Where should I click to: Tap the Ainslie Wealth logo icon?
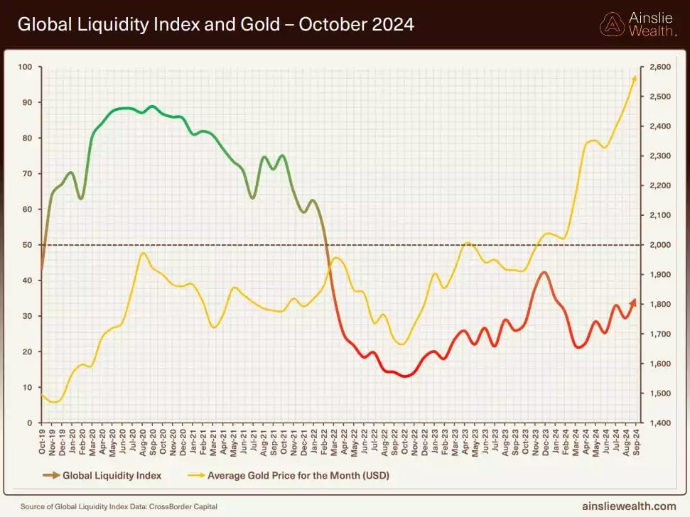click(x=613, y=25)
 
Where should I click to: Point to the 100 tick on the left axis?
click(x=26, y=67)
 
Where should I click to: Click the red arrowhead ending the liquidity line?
click(x=632, y=303)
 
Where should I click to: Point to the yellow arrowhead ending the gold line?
click(x=634, y=80)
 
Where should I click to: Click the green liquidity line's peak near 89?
click(x=151, y=107)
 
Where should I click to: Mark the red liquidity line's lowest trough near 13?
click(x=406, y=376)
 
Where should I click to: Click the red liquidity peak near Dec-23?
click(x=544, y=273)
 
